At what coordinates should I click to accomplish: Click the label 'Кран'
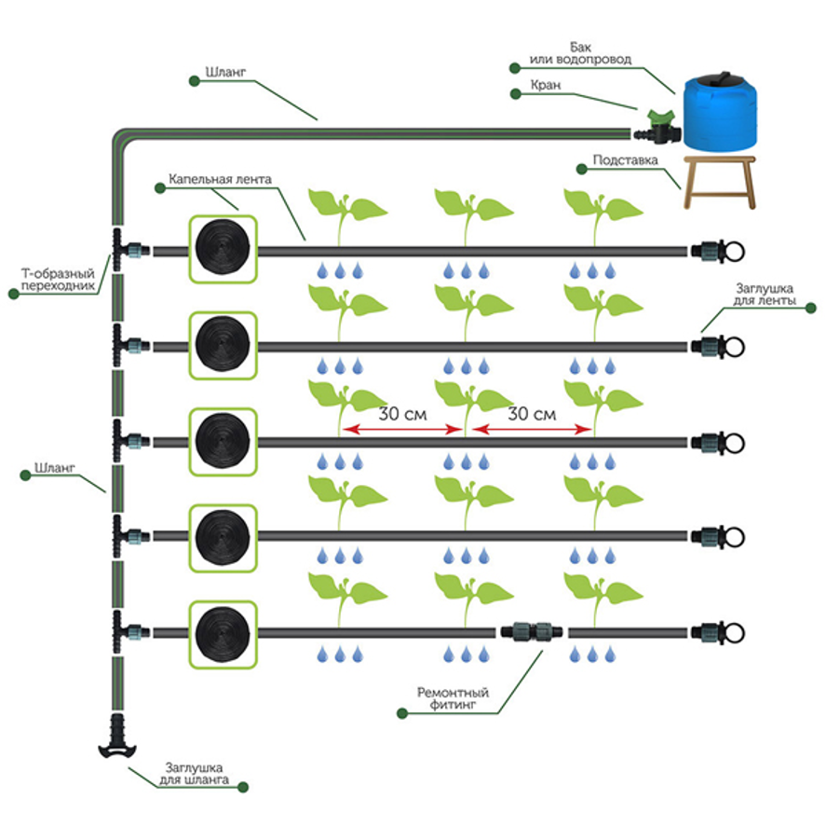[546, 85]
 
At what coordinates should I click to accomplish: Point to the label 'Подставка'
[625, 159]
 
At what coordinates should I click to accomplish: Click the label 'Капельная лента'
[220, 179]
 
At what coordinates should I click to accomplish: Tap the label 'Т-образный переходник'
[58, 280]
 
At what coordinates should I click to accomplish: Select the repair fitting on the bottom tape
[532, 631]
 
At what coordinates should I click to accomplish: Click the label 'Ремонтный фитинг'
[453, 698]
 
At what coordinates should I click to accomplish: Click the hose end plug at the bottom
[117, 737]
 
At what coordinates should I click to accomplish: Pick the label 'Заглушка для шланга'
[194, 773]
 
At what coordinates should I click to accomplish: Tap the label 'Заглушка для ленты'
[764, 295]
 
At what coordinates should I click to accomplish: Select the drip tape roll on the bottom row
[223, 634]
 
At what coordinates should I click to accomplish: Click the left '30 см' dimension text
[403, 414]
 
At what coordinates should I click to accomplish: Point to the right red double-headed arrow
[532, 429]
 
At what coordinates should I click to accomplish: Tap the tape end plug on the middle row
[718, 443]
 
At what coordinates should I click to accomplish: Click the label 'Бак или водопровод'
[580, 53]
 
